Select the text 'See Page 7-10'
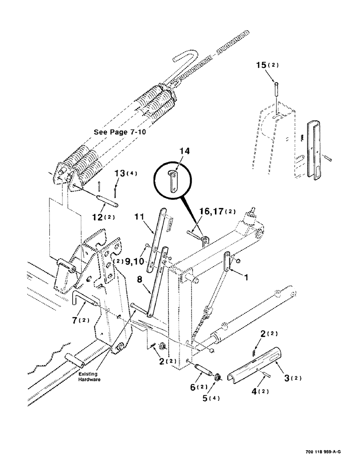click(120, 132)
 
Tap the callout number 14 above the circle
click(185, 151)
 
